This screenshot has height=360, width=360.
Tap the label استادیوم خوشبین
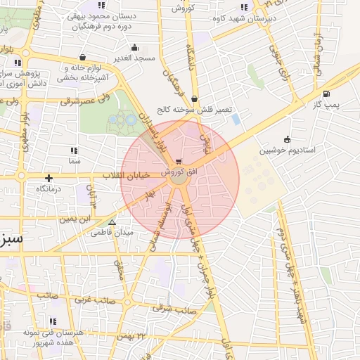click(287, 150)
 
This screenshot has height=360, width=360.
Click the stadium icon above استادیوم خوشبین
click(286, 139)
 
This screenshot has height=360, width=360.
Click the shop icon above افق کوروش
click(181, 162)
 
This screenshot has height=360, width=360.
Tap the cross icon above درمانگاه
click(49, 178)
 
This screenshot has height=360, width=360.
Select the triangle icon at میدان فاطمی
click(112, 222)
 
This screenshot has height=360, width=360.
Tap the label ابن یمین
click(77, 219)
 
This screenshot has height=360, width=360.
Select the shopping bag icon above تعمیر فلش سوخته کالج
click(194, 99)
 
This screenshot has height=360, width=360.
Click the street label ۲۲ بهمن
click(131, 337)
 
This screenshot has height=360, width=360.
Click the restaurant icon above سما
click(74, 150)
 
